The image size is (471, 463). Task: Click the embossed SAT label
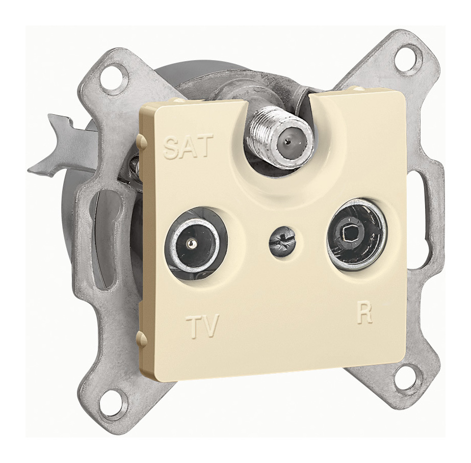pyautogui.click(x=188, y=147)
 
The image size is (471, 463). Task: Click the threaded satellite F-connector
pyautogui.click(x=280, y=136)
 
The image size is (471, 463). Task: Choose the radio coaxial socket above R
pyautogui.click(x=356, y=234)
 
